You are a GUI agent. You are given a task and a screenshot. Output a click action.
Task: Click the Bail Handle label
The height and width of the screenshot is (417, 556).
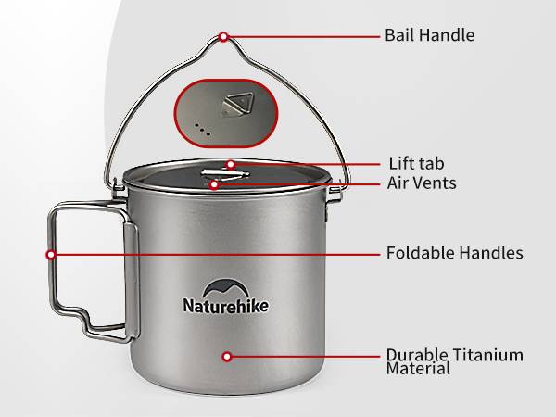pos(429,35)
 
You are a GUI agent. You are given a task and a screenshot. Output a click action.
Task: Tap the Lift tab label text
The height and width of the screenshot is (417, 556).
pos(416,163)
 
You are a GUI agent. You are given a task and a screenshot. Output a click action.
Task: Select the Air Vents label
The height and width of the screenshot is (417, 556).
pos(422,183)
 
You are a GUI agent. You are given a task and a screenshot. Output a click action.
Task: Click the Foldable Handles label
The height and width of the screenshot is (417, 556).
pos(455,253)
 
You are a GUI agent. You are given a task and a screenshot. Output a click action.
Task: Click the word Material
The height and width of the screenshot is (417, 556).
pos(418,369)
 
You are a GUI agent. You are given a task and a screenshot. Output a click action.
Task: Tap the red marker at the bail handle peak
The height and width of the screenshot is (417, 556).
pos(223,36)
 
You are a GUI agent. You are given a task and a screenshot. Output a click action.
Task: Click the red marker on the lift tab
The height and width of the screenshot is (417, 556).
pos(231,165)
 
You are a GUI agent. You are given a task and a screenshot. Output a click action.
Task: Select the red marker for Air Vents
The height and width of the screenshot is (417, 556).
pos(214,184)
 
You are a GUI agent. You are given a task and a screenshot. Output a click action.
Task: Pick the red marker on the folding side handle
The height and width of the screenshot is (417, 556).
pos(51,255)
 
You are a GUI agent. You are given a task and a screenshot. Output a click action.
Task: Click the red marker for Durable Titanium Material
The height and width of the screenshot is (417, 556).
pos(227,357)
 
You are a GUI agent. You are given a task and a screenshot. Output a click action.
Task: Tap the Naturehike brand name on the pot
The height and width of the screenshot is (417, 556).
pos(226,306)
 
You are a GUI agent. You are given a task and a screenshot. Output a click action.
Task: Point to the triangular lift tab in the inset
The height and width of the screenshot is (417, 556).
pos(238,104)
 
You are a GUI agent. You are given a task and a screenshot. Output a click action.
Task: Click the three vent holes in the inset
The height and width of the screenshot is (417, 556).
pos(202,130)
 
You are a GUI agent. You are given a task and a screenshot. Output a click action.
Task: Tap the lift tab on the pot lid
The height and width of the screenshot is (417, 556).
pos(225,174)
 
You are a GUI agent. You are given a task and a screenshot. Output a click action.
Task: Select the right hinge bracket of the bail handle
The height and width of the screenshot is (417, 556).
pos(335,195)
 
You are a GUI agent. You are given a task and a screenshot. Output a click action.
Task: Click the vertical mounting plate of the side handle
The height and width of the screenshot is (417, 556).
pos(132,280)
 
